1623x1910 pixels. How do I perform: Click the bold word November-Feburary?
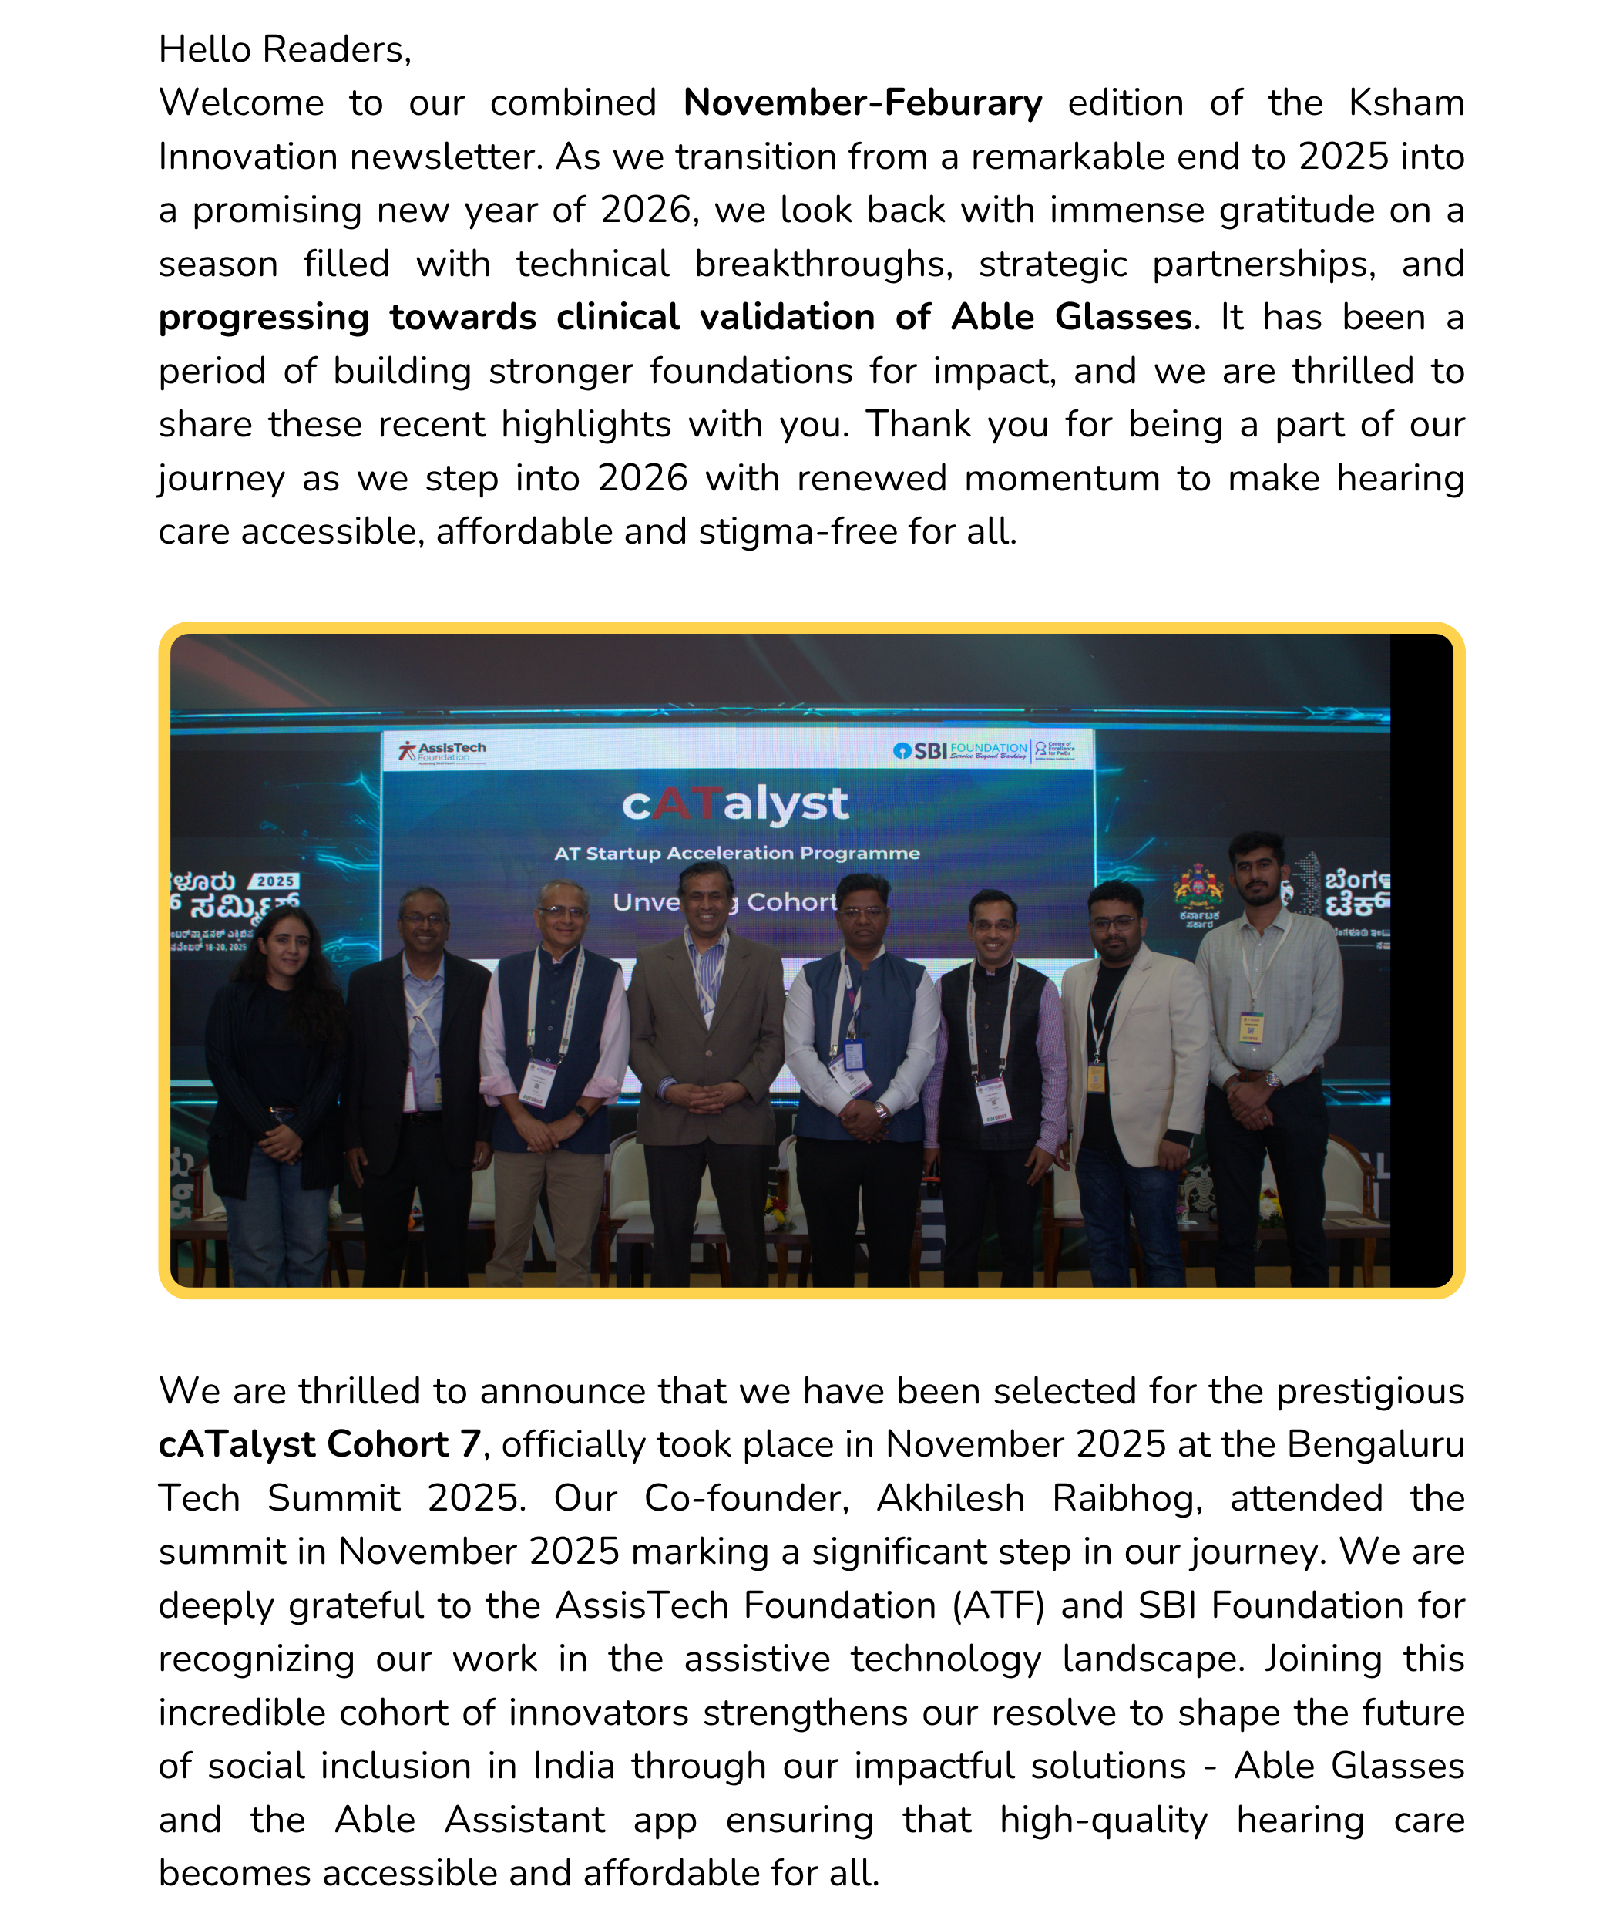pyautogui.click(x=862, y=103)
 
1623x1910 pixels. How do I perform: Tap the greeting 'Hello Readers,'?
pyautogui.click(x=284, y=49)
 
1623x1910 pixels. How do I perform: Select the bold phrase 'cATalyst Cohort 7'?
pyautogui.click(x=319, y=1444)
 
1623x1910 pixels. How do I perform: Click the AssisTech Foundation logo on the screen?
pyautogui.click(x=442, y=751)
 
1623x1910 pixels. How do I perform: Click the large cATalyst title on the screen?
pyautogui.click(x=734, y=803)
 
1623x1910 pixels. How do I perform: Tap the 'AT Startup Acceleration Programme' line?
pyautogui.click(x=736, y=854)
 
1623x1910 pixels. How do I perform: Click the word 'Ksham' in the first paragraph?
pyautogui.click(x=1406, y=103)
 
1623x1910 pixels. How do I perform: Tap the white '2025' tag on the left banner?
pyautogui.click(x=275, y=881)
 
